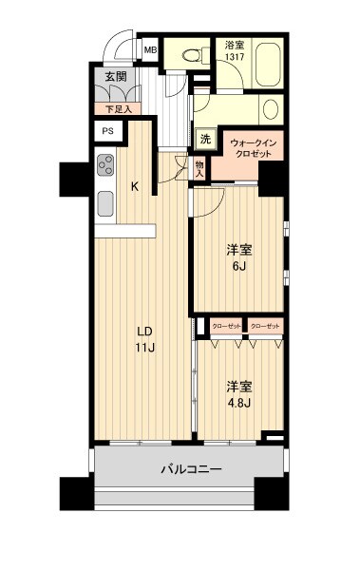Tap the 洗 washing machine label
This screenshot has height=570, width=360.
[x=204, y=139]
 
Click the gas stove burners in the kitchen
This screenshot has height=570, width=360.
[x=105, y=167]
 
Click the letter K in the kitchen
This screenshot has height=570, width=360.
[x=135, y=186]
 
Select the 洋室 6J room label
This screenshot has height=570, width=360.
[x=238, y=257]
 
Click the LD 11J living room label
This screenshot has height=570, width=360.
[x=144, y=339]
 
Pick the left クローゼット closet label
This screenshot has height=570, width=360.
[x=225, y=326]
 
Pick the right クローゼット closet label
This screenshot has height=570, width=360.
[x=265, y=326]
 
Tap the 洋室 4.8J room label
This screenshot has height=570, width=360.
[x=238, y=393]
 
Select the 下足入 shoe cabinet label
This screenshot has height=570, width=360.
[x=119, y=109]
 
